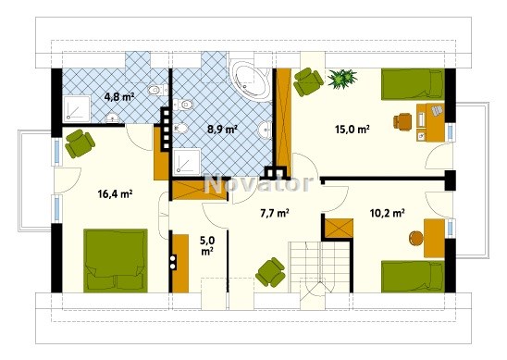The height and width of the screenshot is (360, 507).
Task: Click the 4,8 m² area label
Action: (x=119, y=97)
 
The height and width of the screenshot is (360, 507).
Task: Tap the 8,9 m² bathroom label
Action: (x=222, y=130)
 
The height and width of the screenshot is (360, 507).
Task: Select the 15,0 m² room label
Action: (x=352, y=130)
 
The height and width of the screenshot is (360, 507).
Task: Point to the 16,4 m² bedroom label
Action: (x=115, y=194)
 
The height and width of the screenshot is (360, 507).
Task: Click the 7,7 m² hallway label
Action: (x=275, y=213)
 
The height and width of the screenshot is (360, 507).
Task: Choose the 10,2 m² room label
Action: (x=388, y=213)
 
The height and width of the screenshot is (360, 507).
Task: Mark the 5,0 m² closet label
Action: (x=207, y=246)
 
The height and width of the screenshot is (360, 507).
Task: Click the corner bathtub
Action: (x=251, y=80)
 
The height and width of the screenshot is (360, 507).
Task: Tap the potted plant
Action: (x=342, y=78)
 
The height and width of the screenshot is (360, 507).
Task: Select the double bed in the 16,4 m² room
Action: (x=116, y=261)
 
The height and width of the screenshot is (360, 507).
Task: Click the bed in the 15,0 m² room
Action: (x=413, y=84)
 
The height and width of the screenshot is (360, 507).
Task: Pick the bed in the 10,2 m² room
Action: (x=413, y=277)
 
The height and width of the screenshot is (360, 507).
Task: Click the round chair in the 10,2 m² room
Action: (x=416, y=239)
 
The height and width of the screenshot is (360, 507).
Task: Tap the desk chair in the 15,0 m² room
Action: (x=402, y=121)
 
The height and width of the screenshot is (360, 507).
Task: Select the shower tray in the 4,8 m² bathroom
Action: (x=77, y=108)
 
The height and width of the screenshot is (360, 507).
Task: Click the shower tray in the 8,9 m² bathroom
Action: (x=187, y=162)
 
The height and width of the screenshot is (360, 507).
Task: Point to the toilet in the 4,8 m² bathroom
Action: (x=157, y=89)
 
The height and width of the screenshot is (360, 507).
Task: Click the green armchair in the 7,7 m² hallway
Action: (x=270, y=272)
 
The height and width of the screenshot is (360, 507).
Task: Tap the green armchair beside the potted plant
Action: (x=308, y=81)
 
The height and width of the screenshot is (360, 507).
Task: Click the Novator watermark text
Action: (x=259, y=184)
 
